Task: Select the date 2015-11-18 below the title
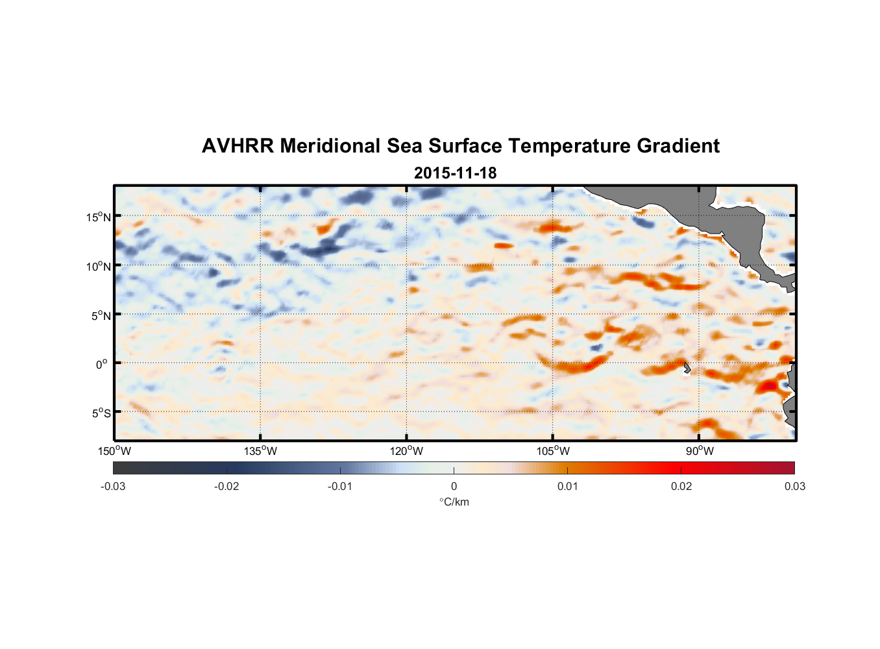tap(455, 173)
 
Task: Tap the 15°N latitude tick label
tap(99, 217)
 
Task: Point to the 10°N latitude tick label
tap(99, 266)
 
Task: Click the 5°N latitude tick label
tap(101, 315)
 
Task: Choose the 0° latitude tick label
tap(102, 364)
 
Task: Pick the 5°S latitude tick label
tap(101, 413)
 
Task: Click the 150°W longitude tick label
tap(115, 451)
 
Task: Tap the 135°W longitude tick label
tap(261, 451)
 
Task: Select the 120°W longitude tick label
tap(407, 451)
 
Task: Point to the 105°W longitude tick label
tap(553, 451)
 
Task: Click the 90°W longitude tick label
tap(699, 451)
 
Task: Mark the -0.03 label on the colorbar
tap(113, 487)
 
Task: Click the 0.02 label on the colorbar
tap(681, 487)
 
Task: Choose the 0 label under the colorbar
tap(454, 487)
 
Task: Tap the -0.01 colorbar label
tap(340, 487)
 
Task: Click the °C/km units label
tap(454, 502)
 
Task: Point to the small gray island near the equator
tap(687, 368)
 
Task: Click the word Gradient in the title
tap(678, 146)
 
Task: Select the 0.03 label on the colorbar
tap(794, 487)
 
